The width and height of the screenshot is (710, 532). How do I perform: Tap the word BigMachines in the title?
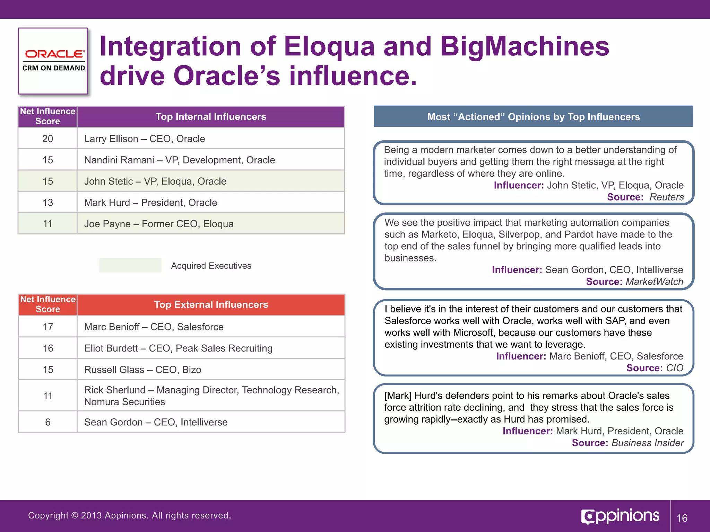pyautogui.click(x=525, y=47)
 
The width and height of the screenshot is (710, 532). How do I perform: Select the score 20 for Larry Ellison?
pyautogui.click(x=47, y=139)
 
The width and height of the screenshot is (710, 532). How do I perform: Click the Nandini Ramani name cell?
pyautogui.click(x=179, y=160)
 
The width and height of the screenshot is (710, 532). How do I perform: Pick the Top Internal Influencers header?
pyautogui.click(x=210, y=117)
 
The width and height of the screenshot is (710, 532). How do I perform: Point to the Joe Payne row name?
pyautogui.click(x=159, y=224)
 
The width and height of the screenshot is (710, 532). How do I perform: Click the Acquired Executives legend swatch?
pyautogui.click(x=130, y=265)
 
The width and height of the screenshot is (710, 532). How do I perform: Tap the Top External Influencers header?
pyautogui.click(x=211, y=305)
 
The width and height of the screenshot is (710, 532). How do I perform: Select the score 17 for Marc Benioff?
pyautogui.click(x=48, y=327)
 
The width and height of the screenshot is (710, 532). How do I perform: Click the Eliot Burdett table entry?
pyautogui.click(x=178, y=348)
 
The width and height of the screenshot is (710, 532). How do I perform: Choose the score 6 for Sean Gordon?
pyautogui.click(x=48, y=422)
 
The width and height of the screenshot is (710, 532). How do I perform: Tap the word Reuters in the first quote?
pyautogui.click(x=666, y=197)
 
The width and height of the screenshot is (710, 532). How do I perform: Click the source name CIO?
pyautogui.click(x=674, y=368)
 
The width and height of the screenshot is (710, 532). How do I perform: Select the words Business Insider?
pyautogui.click(x=647, y=443)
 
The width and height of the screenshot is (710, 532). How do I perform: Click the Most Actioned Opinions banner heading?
pyautogui.click(x=533, y=117)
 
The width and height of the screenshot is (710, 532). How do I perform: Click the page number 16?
pyautogui.click(x=682, y=518)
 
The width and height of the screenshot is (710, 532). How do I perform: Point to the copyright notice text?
pyautogui.click(x=129, y=515)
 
